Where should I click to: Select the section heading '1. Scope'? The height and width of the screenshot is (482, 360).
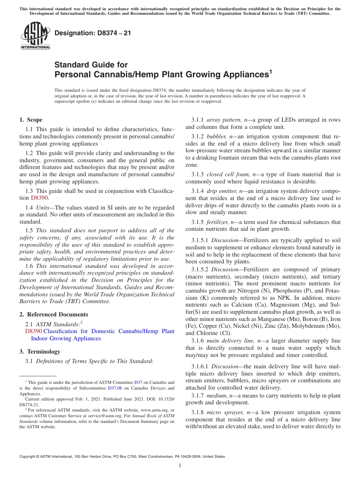tap(31, 120)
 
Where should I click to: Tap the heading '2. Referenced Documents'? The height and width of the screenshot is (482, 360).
tap(53, 314)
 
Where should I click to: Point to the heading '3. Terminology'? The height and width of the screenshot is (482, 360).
tap(40, 351)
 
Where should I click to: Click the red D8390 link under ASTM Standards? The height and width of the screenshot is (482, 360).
tap(33, 331)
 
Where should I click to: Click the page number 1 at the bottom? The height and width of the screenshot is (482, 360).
tap(180, 465)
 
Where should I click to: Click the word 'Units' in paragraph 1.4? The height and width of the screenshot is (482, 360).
tap(43, 207)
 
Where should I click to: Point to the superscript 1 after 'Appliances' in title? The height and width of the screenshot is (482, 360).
tap(271, 71)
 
